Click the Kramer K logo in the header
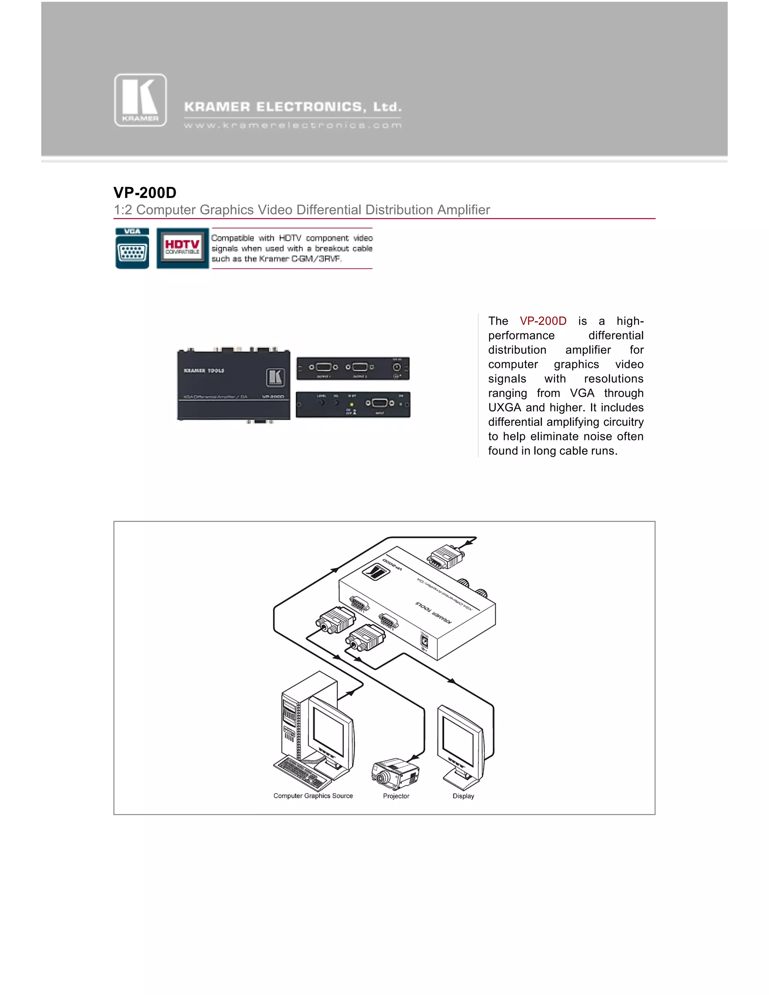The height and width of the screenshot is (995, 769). click(x=140, y=100)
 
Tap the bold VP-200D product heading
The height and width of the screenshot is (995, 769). click(x=145, y=193)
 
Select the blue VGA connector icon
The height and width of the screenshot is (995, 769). click(x=132, y=249)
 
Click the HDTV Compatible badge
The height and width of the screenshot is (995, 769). click(x=182, y=248)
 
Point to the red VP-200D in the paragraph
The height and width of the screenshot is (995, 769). click(x=543, y=321)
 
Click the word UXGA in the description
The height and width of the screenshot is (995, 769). click(x=504, y=408)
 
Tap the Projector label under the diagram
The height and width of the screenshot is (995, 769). click(x=396, y=796)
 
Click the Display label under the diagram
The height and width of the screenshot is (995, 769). click(x=463, y=796)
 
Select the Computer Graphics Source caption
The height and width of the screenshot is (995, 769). click(x=313, y=796)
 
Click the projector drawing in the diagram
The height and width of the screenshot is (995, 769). click(x=395, y=773)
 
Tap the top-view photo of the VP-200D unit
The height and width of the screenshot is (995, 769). click(x=233, y=385)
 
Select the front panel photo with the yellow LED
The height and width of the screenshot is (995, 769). click(x=353, y=404)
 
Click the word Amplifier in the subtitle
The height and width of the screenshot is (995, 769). click(x=463, y=210)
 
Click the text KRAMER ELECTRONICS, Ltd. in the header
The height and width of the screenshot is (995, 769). click(x=293, y=107)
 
